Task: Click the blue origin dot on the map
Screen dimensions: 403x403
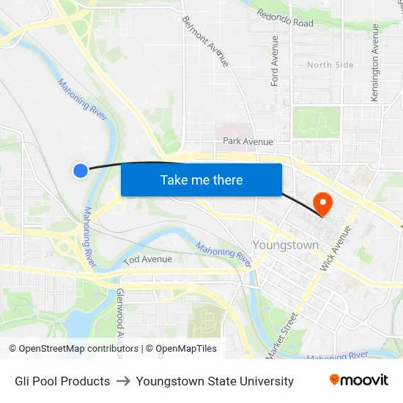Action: coord(81,170)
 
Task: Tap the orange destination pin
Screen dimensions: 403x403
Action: coord(322,202)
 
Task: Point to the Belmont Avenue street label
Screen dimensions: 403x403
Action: coord(206,41)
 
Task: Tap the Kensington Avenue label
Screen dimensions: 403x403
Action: coord(375,62)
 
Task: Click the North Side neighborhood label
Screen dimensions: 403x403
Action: coord(330,65)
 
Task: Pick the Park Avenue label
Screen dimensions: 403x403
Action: coord(248,141)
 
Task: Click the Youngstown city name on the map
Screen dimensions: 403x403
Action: coord(285,245)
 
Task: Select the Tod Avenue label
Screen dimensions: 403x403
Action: coord(147,259)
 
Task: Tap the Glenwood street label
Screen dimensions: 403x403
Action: coord(119,315)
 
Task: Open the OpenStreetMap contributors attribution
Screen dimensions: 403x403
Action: coord(73,349)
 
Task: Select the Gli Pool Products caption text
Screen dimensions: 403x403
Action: coord(62,381)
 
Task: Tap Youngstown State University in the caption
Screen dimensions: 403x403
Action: coord(215,381)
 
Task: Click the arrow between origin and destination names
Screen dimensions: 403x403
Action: coord(123,381)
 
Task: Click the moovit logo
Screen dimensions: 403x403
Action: coord(359,380)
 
